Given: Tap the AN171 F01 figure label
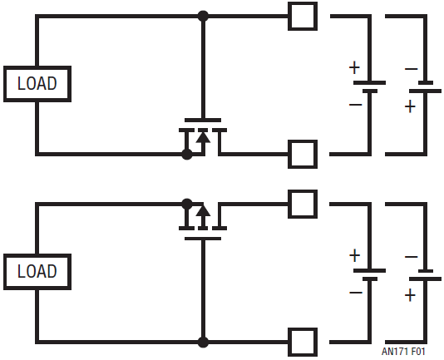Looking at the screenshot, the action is click(x=403, y=352).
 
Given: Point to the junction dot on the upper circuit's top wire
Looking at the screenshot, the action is click(x=203, y=16).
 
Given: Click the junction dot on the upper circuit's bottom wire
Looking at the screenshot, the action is click(x=186, y=154).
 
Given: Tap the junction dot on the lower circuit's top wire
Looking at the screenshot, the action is click(x=186, y=204).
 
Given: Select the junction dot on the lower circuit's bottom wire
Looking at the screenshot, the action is click(x=203, y=343).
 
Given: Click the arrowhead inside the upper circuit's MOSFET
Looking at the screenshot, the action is click(x=203, y=137).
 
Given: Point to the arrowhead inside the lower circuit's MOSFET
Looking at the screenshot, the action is click(x=203, y=211).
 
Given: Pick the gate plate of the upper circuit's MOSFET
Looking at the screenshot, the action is click(x=203, y=120).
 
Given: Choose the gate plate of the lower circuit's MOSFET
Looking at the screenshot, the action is click(x=203, y=239).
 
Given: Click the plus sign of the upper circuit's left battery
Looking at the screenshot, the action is click(x=354, y=68).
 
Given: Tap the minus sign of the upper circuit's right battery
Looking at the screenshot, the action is click(x=411, y=69).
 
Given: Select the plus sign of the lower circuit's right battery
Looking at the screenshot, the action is click(x=410, y=295).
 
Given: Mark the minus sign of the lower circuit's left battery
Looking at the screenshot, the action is click(x=356, y=293).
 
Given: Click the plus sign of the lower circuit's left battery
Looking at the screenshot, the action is click(x=354, y=255).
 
